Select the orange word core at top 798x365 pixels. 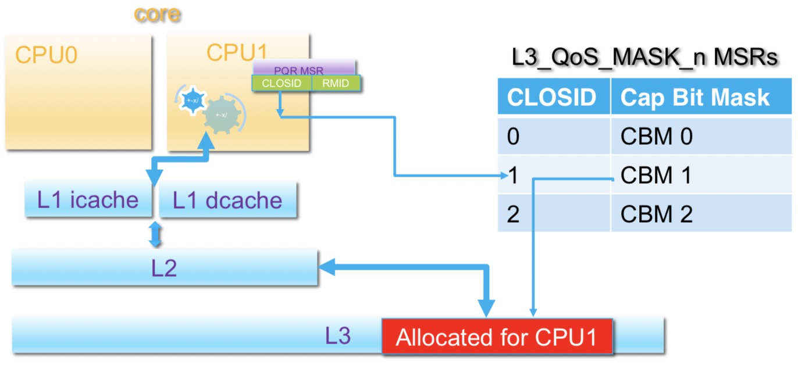click(x=157, y=14)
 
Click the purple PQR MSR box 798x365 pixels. click(x=303, y=68)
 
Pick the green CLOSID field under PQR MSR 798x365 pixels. click(x=282, y=84)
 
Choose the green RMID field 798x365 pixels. click(x=336, y=84)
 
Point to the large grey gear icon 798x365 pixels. click(x=222, y=115)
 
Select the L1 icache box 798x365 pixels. click(x=87, y=199)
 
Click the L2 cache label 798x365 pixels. click(x=164, y=269)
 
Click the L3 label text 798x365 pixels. click(x=337, y=336)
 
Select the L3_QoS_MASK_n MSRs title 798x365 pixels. click(x=644, y=58)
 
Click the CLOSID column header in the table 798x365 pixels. click(x=551, y=98)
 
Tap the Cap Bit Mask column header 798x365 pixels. click(x=694, y=98)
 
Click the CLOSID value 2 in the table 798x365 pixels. click(x=512, y=214)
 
